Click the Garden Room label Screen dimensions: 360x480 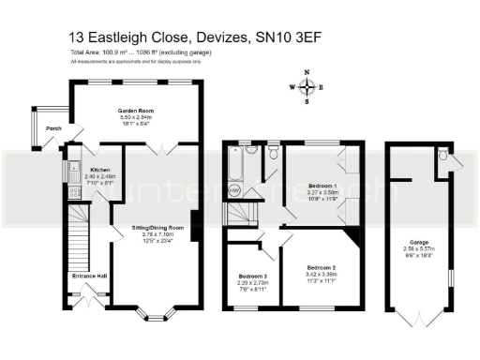tap(135, 111)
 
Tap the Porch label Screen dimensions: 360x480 tap(53, 128)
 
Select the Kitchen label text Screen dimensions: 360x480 tap(99, 170)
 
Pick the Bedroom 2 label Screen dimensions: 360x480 tap(321, 266)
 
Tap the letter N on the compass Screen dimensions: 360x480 tap(307, 72)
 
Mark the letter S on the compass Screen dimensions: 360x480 tap(307, 103)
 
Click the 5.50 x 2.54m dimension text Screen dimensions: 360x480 tap(135, 117)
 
